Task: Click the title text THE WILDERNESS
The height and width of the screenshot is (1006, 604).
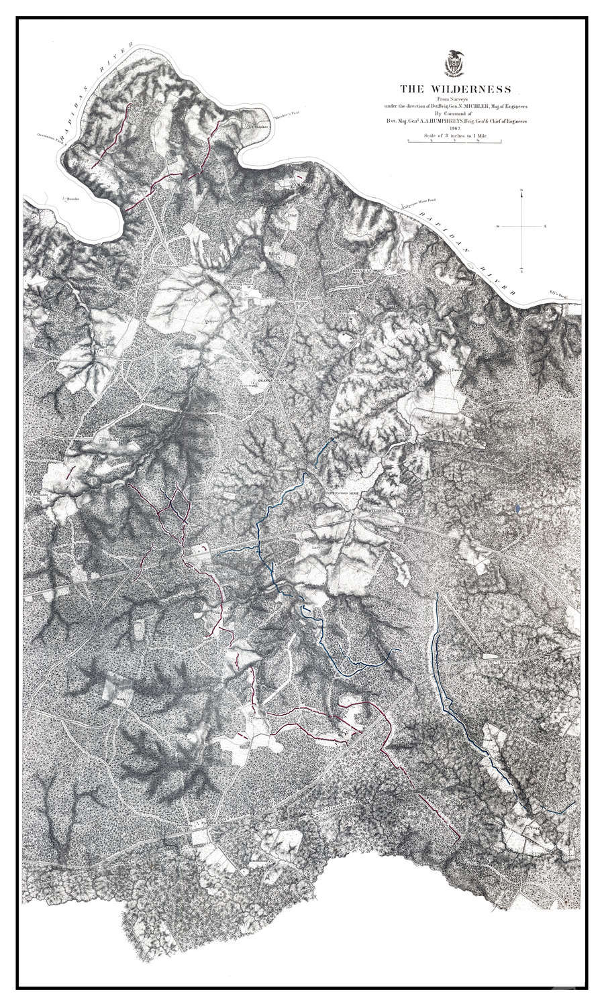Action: (456, 89)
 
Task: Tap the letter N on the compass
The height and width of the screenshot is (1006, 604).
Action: (521, 192)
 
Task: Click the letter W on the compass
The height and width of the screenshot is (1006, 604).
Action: (498, 227)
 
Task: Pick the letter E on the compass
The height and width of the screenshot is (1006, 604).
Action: (546, 227)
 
